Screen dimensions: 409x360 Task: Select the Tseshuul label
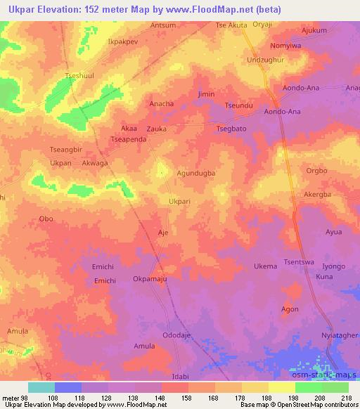click(x=79, y=76)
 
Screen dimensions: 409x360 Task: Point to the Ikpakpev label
click(x=122, y=41)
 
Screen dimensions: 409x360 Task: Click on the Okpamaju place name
click(x=150, y=279)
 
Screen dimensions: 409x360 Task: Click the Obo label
click(x=46, y=219)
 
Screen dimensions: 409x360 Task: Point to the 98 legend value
click(x=28, y=398)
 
